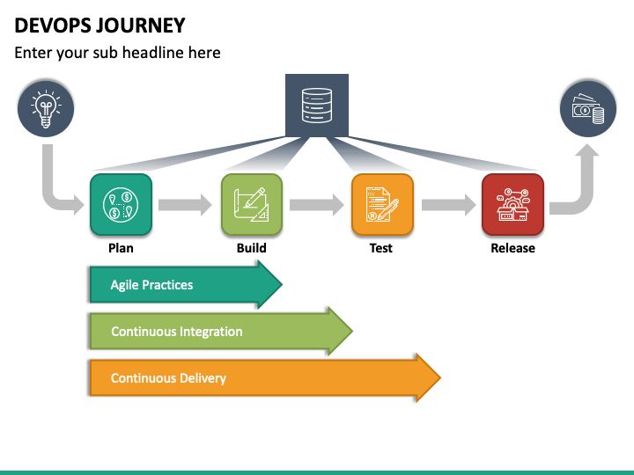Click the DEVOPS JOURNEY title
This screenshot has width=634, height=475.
[100, 26]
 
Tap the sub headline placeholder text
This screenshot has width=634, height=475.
[117, 53]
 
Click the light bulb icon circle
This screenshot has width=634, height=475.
[46, 109]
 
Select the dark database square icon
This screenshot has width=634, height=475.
[317, 106]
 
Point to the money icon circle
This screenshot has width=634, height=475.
[588, 109]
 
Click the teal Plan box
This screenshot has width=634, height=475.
[121, 204]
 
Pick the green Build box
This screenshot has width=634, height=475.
[252, 204]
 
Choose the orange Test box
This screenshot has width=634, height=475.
[382, 204]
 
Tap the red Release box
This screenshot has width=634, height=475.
[512, 204]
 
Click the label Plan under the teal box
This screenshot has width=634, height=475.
[121, 248]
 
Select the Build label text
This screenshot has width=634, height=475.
[252, 248]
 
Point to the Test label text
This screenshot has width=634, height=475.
[381, 248]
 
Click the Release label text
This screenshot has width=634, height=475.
[512, 248]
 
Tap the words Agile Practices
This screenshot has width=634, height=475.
[151, 285]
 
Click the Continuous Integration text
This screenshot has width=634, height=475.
[177, 332]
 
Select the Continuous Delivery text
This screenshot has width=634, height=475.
[168, 378]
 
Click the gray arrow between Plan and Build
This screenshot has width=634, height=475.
[185, 205]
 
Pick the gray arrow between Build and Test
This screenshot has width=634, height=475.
[317, 205]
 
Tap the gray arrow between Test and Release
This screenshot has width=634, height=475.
[449, 205]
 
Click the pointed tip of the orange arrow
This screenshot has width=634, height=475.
[440, 378]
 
